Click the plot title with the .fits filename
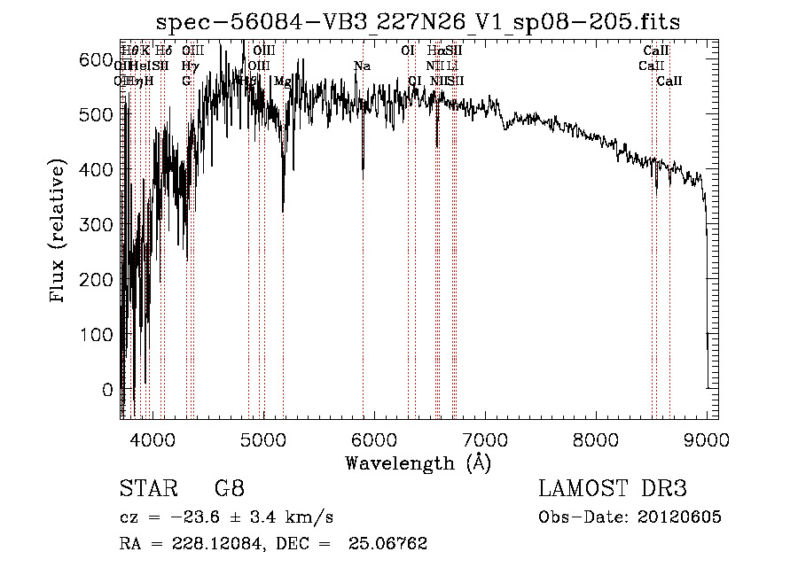[x=419, y=21]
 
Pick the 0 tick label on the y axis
[x=108, y=389]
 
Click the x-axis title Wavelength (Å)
[x=418, y=462]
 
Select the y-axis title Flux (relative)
[x=59, y=232]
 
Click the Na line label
[x=362, y=66]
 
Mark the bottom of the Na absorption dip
[x=363, y=177]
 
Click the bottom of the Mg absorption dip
[x=283, y=211]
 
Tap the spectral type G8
[x=229, y=488]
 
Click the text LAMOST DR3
[x=613, y=488]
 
